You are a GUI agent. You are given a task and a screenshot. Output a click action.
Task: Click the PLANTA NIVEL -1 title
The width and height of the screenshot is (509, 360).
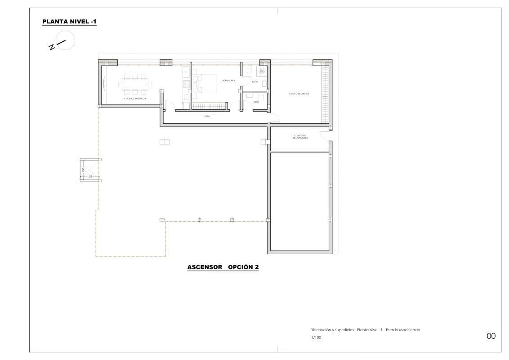[69, 22]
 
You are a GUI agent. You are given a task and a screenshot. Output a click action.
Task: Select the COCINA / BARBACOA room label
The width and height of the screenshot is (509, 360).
[135, 99]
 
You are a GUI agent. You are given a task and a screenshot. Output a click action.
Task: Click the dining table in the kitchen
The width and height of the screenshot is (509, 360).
[135, 84]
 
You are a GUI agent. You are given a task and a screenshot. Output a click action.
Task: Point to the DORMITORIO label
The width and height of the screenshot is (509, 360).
[228, 80]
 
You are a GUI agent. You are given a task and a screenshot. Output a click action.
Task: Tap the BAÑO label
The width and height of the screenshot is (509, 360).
[255, 82]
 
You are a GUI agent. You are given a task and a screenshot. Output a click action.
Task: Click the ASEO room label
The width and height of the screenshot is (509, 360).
[256, 102]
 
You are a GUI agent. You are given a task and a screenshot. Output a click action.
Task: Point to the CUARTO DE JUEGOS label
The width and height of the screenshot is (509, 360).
[299, 94]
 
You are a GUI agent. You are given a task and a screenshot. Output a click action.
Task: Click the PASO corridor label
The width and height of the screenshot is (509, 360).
[207, 116]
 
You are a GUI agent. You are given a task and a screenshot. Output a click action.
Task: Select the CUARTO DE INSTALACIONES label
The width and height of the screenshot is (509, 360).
[300, 137]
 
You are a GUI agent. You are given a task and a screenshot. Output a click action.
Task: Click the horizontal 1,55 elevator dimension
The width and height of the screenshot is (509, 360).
[90, 177]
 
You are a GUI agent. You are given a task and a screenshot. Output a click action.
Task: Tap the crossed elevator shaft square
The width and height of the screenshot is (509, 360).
[89, 170]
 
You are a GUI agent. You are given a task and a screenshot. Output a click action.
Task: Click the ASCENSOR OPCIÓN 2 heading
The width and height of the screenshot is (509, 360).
[223, 267]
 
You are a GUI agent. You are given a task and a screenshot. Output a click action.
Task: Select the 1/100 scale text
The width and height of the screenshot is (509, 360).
[316, 337]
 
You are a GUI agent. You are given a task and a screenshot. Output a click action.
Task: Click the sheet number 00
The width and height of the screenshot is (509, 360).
[491, 336]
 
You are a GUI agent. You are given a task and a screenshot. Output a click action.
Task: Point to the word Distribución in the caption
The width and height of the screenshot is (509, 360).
[320, 330]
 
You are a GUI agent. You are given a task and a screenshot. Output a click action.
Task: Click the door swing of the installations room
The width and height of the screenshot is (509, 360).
[323, 134]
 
